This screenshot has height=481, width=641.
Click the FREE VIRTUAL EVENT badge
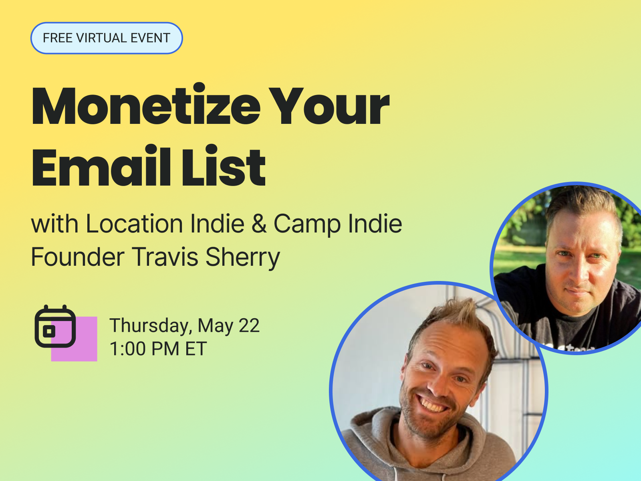click(107, 38)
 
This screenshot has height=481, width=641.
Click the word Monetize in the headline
click(146, 107)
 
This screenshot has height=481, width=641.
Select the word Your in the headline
click(329, 107)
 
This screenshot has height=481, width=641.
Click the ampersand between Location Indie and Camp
click(259, 224)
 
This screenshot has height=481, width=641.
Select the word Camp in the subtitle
click(307, 224)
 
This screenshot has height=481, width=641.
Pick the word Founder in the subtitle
click(77, 257)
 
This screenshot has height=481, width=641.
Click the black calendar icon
click(55, 326)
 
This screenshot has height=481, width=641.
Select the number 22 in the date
click(249, 325)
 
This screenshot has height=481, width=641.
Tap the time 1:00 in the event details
click(128, 349)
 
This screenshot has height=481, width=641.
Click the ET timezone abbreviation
click(196, 349)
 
